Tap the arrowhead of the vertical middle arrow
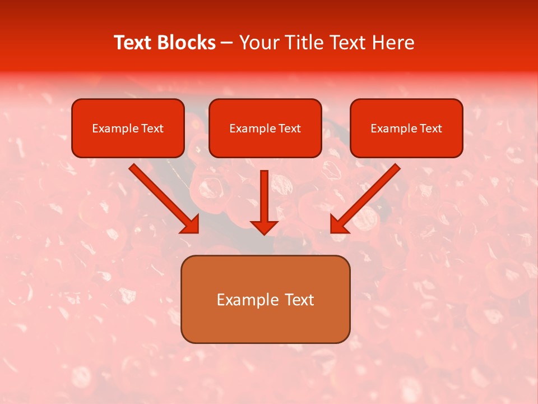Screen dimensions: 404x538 tap(264, 227)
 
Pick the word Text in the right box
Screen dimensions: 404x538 tap(431, 128)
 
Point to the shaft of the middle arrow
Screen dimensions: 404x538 tap(264, 194)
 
